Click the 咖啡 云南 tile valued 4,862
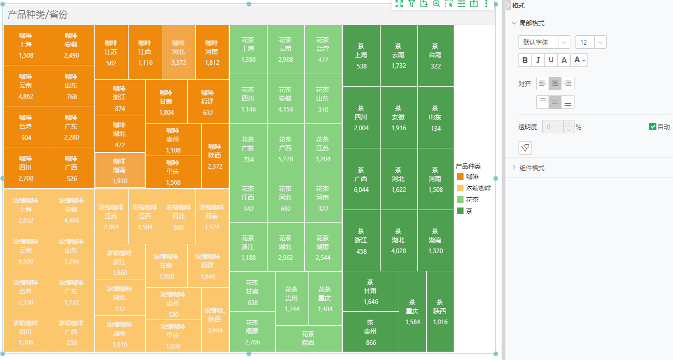26,86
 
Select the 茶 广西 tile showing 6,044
361,179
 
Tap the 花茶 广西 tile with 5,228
285,148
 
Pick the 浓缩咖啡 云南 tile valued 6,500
26,251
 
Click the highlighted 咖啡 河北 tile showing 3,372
178,52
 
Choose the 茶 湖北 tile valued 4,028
398,240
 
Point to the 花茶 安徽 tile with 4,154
285,99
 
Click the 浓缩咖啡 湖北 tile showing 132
120,298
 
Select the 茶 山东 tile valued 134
435,117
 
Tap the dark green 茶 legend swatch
460,211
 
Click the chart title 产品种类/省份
37,15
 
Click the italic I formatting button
538,60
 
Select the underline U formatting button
551,60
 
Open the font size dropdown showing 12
591,42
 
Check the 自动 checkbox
653,127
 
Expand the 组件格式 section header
532,168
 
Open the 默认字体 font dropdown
544,42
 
